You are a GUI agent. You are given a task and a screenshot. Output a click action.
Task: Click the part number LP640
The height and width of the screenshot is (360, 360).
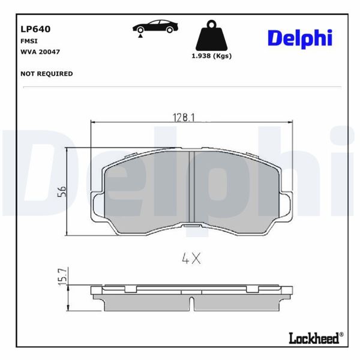pyautogui.click(x=35, y=28)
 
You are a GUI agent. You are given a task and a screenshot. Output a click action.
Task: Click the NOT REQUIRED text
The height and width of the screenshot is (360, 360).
pyautogui.click(x=46, y=74)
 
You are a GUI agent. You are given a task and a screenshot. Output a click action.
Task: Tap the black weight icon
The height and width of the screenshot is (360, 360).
pyautogui.click(x=211, y=37)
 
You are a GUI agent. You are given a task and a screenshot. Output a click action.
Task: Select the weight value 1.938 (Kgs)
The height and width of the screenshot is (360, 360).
pyautogui.click(x=211, y=56)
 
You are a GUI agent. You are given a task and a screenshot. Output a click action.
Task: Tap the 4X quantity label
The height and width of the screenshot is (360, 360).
pyautogui.click(x=191, y=259)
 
